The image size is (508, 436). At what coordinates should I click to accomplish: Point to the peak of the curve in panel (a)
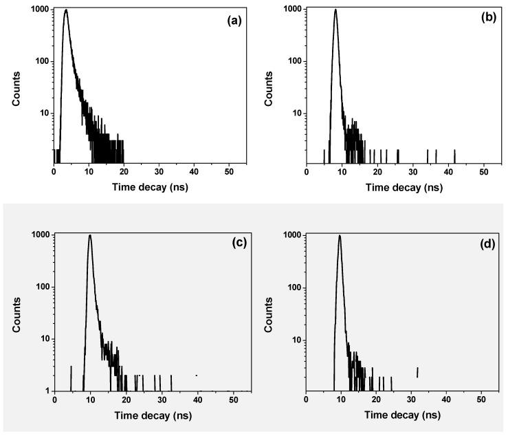tap(65, 10)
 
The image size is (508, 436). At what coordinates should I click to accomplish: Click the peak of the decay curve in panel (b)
tap(335, 10)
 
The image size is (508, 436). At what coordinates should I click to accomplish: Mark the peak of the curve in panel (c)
tap(89, 235)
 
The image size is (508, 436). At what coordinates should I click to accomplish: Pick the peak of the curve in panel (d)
tap(340, 235)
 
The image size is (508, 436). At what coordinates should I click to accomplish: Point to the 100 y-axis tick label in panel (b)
tap(291, 61)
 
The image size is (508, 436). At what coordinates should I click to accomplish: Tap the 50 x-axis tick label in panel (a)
tap(228, 172)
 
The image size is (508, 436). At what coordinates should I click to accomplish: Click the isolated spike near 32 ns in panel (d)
tap(417, 372)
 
